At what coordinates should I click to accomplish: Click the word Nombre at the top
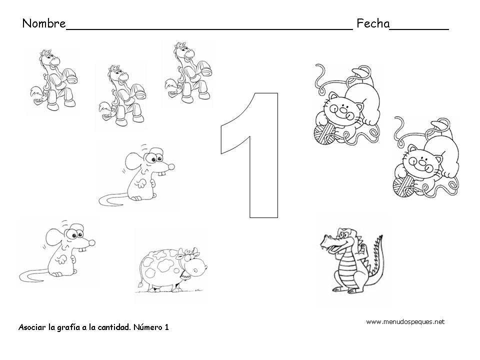pyautogui.click(x=44, y=23)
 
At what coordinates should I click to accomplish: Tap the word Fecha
pyautogui.click(x=373, y=23)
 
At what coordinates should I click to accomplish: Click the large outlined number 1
pyautogui.click(x=250, y=155)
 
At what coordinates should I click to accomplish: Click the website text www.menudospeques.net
pyautogui.click(x=405, y=321)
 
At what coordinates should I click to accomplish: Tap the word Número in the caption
pyautogui.click(x=147, y=327)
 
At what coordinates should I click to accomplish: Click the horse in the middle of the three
pyautogui.click(x=122, y=95)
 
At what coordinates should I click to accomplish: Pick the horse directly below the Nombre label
pyautogui.click(x=54, y=79)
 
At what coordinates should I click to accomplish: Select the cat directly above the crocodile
pyautogui.click(x=347, y=104)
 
